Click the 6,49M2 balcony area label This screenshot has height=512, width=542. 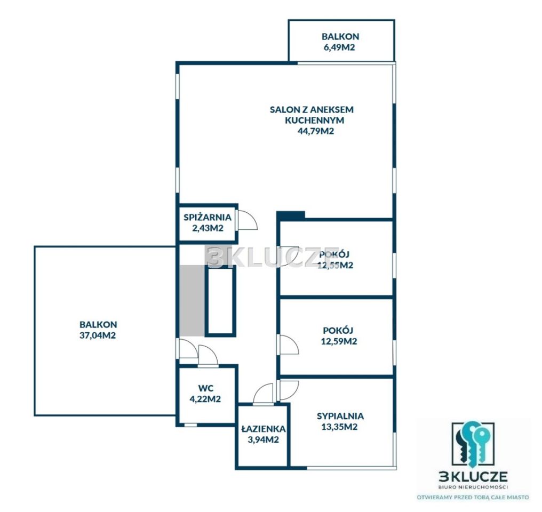[x=339, y=47]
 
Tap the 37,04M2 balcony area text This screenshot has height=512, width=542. [x=98, y=335]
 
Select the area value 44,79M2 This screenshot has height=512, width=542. [x=316, y=131]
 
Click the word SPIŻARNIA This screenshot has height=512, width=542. [x=208, y=217]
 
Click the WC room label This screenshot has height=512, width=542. [x=206, y=388]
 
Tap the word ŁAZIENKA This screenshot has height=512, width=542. [x=264, y=429]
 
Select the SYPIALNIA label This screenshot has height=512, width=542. [x=340, y=416]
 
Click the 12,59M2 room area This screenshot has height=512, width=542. [x=339, y=341]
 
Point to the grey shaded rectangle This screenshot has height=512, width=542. [x=192, y=301]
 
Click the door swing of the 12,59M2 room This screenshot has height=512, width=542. [x=289, y=345]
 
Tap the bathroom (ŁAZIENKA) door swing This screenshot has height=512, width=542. [x=264, y=394]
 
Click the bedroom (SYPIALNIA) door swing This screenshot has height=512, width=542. [x=289, y=390]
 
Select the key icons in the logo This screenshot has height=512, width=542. [x=473, y=443]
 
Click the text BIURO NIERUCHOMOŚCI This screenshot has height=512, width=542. [x=473, y=487]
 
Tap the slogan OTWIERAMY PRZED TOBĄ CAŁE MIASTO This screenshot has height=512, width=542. [x=473, y=498]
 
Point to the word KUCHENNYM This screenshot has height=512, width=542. [x=315, y=120]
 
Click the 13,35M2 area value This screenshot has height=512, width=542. [x=339, y=427]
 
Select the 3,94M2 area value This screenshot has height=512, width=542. [x=264, y=439]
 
